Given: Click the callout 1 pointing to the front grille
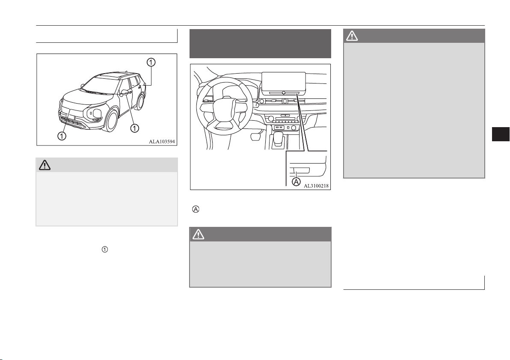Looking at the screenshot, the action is (62, 135).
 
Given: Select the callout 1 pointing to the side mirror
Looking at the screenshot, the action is (135, 128).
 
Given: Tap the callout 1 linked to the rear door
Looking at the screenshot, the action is (151, 62).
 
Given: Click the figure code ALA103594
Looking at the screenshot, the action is (162, 142).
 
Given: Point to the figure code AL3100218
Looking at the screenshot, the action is (316, 186).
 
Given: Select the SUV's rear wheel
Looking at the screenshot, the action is (140, 101).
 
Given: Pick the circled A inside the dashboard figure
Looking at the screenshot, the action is (296, 181).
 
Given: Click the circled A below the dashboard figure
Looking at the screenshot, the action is (196, 209).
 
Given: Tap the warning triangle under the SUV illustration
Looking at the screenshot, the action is (44, 165).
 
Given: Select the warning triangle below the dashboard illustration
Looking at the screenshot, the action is (199, 234).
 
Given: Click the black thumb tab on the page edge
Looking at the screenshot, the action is (501, 134).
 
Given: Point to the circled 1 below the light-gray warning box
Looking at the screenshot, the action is (105, 250).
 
